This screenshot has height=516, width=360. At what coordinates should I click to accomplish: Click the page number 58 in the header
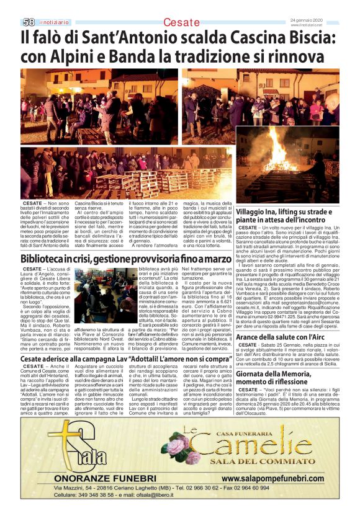tap(29, 22)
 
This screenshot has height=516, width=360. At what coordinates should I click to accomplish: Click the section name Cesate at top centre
tap(182, 23)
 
